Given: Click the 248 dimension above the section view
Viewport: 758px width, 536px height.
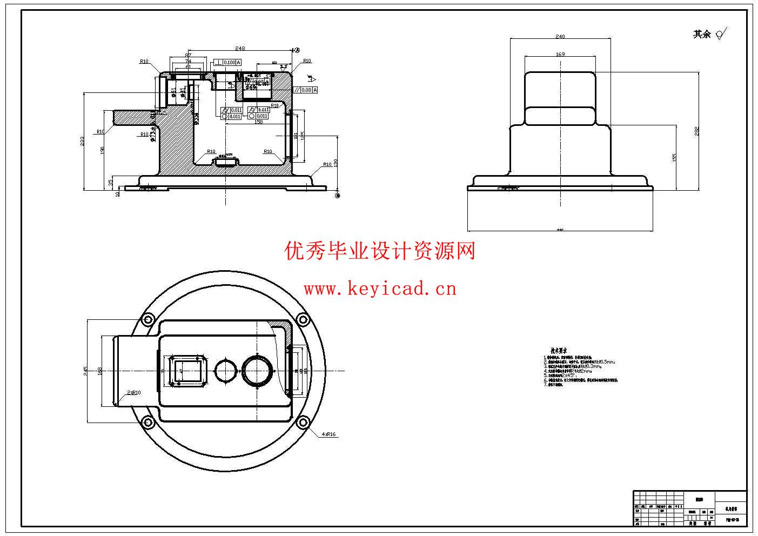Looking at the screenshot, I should [240, 49].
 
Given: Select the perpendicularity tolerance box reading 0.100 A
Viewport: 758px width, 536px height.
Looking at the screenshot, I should [227, 63].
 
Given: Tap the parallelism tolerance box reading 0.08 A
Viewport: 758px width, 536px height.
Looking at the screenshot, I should [305, 90].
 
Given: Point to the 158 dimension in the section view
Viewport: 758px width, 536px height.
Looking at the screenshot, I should [258, 122].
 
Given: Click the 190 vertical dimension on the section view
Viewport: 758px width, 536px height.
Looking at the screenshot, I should [102, 150].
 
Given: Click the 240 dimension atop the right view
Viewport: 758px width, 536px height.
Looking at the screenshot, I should [560, 37].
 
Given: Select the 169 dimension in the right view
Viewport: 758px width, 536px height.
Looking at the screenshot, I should [560, 54].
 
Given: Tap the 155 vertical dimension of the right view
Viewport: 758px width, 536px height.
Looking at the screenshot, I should [674, 157].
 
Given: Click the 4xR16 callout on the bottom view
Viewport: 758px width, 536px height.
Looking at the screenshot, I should [328, 434].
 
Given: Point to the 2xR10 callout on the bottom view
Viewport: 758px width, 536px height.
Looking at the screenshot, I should [133, 393].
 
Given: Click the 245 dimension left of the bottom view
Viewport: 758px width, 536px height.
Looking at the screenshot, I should [85, 371].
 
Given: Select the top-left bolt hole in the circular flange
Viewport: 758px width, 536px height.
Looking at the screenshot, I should [147, 320].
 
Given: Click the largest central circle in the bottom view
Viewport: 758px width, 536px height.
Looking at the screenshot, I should [258, 371].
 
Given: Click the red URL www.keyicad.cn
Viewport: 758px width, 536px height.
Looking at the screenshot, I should [380, 289].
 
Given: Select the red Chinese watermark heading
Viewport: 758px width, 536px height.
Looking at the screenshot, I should [380, 251].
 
